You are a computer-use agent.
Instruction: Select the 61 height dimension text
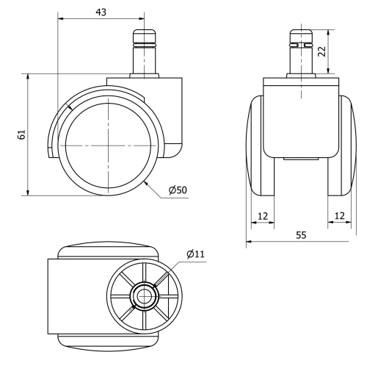(21, 134)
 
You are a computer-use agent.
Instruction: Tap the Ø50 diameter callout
(178, 190)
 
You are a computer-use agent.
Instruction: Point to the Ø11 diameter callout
(195, 254)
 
